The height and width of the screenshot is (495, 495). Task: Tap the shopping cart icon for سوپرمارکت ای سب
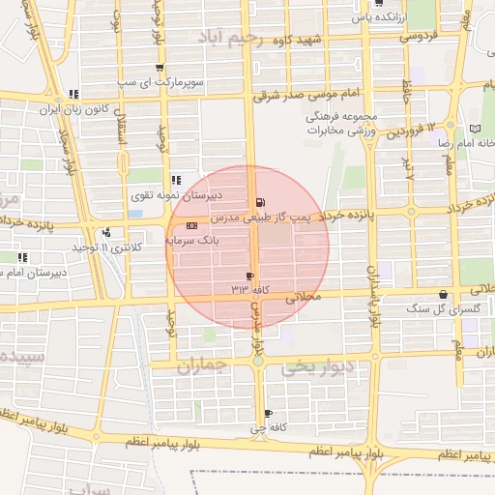[160, 68]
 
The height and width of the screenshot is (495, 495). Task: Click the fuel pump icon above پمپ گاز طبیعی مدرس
[258, 202]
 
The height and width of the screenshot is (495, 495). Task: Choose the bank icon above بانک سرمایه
[190, 224]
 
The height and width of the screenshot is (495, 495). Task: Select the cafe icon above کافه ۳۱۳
[250, 276]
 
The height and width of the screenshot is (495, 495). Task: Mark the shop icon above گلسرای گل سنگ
[443, 295]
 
